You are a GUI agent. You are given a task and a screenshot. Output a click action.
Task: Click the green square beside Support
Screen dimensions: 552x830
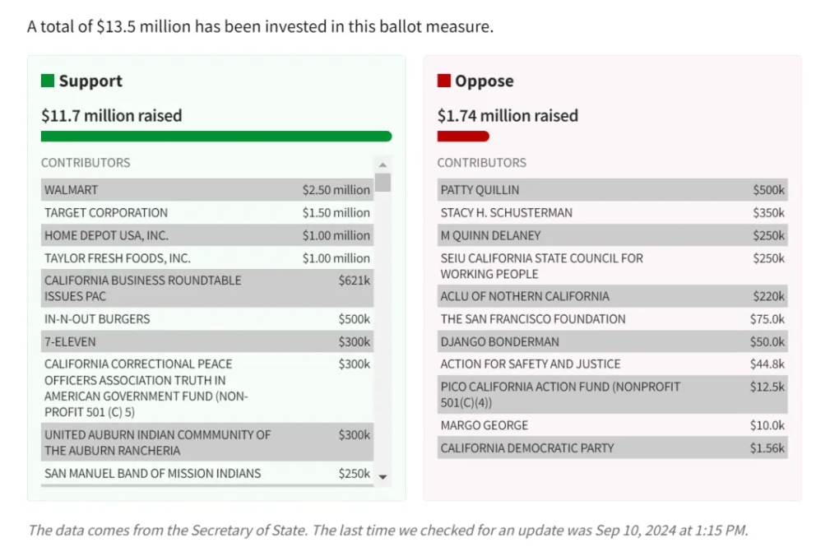point(48,81)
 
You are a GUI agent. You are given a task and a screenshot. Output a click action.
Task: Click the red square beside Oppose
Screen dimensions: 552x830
point(444,81)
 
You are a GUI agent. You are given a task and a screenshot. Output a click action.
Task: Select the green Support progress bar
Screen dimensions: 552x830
point(216,137)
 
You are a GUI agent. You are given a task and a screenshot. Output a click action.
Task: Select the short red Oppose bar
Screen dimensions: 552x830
point(463,137)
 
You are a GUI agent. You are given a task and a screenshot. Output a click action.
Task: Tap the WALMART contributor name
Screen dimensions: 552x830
point(71,190)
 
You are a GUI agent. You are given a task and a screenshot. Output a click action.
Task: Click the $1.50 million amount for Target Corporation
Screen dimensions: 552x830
point(336,212)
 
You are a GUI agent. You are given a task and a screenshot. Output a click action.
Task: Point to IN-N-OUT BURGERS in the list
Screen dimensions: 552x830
point(97,319)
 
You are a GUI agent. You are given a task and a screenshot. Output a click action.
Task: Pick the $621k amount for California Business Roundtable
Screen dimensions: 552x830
point(354,281)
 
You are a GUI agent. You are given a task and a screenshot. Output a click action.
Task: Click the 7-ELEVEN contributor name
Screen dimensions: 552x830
point(70,341)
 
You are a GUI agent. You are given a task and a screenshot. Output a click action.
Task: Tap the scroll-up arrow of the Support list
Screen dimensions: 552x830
point(383,165)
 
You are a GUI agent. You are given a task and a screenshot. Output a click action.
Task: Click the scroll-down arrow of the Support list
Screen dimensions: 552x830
point(383,476)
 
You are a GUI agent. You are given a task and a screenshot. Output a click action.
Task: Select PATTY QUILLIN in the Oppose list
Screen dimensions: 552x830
point(480,190)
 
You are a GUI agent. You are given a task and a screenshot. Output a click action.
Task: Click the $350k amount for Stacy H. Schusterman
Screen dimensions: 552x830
point(768,212)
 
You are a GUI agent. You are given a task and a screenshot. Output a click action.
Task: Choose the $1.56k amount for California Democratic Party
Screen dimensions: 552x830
point(767,448)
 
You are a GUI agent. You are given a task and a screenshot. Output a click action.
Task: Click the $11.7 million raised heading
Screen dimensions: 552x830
point(112,116)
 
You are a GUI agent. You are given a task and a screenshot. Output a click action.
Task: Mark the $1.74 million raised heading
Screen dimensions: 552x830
point(508,116)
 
